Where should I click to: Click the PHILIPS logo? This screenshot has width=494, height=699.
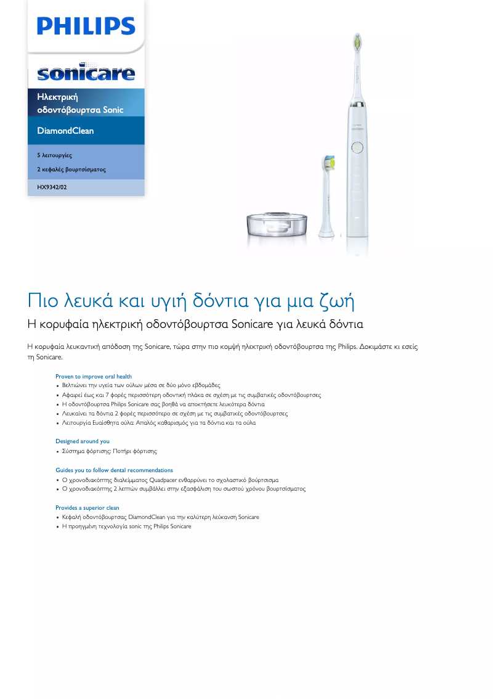tap(86, 27)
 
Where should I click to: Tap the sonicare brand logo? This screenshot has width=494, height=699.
tap(86, 73)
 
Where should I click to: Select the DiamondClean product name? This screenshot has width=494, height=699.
tap(65, 131)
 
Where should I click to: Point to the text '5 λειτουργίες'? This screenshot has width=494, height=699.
tap(54, 155)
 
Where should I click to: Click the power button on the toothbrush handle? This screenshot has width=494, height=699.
tap(357, 148)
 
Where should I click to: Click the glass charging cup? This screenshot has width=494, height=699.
tap(276, 225)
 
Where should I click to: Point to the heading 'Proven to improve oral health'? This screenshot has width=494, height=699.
tap(94, 376)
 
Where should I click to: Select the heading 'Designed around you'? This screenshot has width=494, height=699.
tap(83, 441)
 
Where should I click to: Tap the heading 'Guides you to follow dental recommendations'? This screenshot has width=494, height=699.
tap(114, 470)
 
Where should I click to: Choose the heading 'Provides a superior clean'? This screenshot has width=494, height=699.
tap(87, 508)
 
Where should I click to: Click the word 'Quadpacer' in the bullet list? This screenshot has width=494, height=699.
tap(163, 480)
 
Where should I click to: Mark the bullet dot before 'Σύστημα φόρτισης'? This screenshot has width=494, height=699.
tap(57, 452)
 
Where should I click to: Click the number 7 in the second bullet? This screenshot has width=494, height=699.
tap(108, 394)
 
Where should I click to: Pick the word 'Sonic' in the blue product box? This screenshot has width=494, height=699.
tap(113, 110)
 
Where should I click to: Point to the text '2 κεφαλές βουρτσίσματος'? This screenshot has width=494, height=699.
tap(71, 169)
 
